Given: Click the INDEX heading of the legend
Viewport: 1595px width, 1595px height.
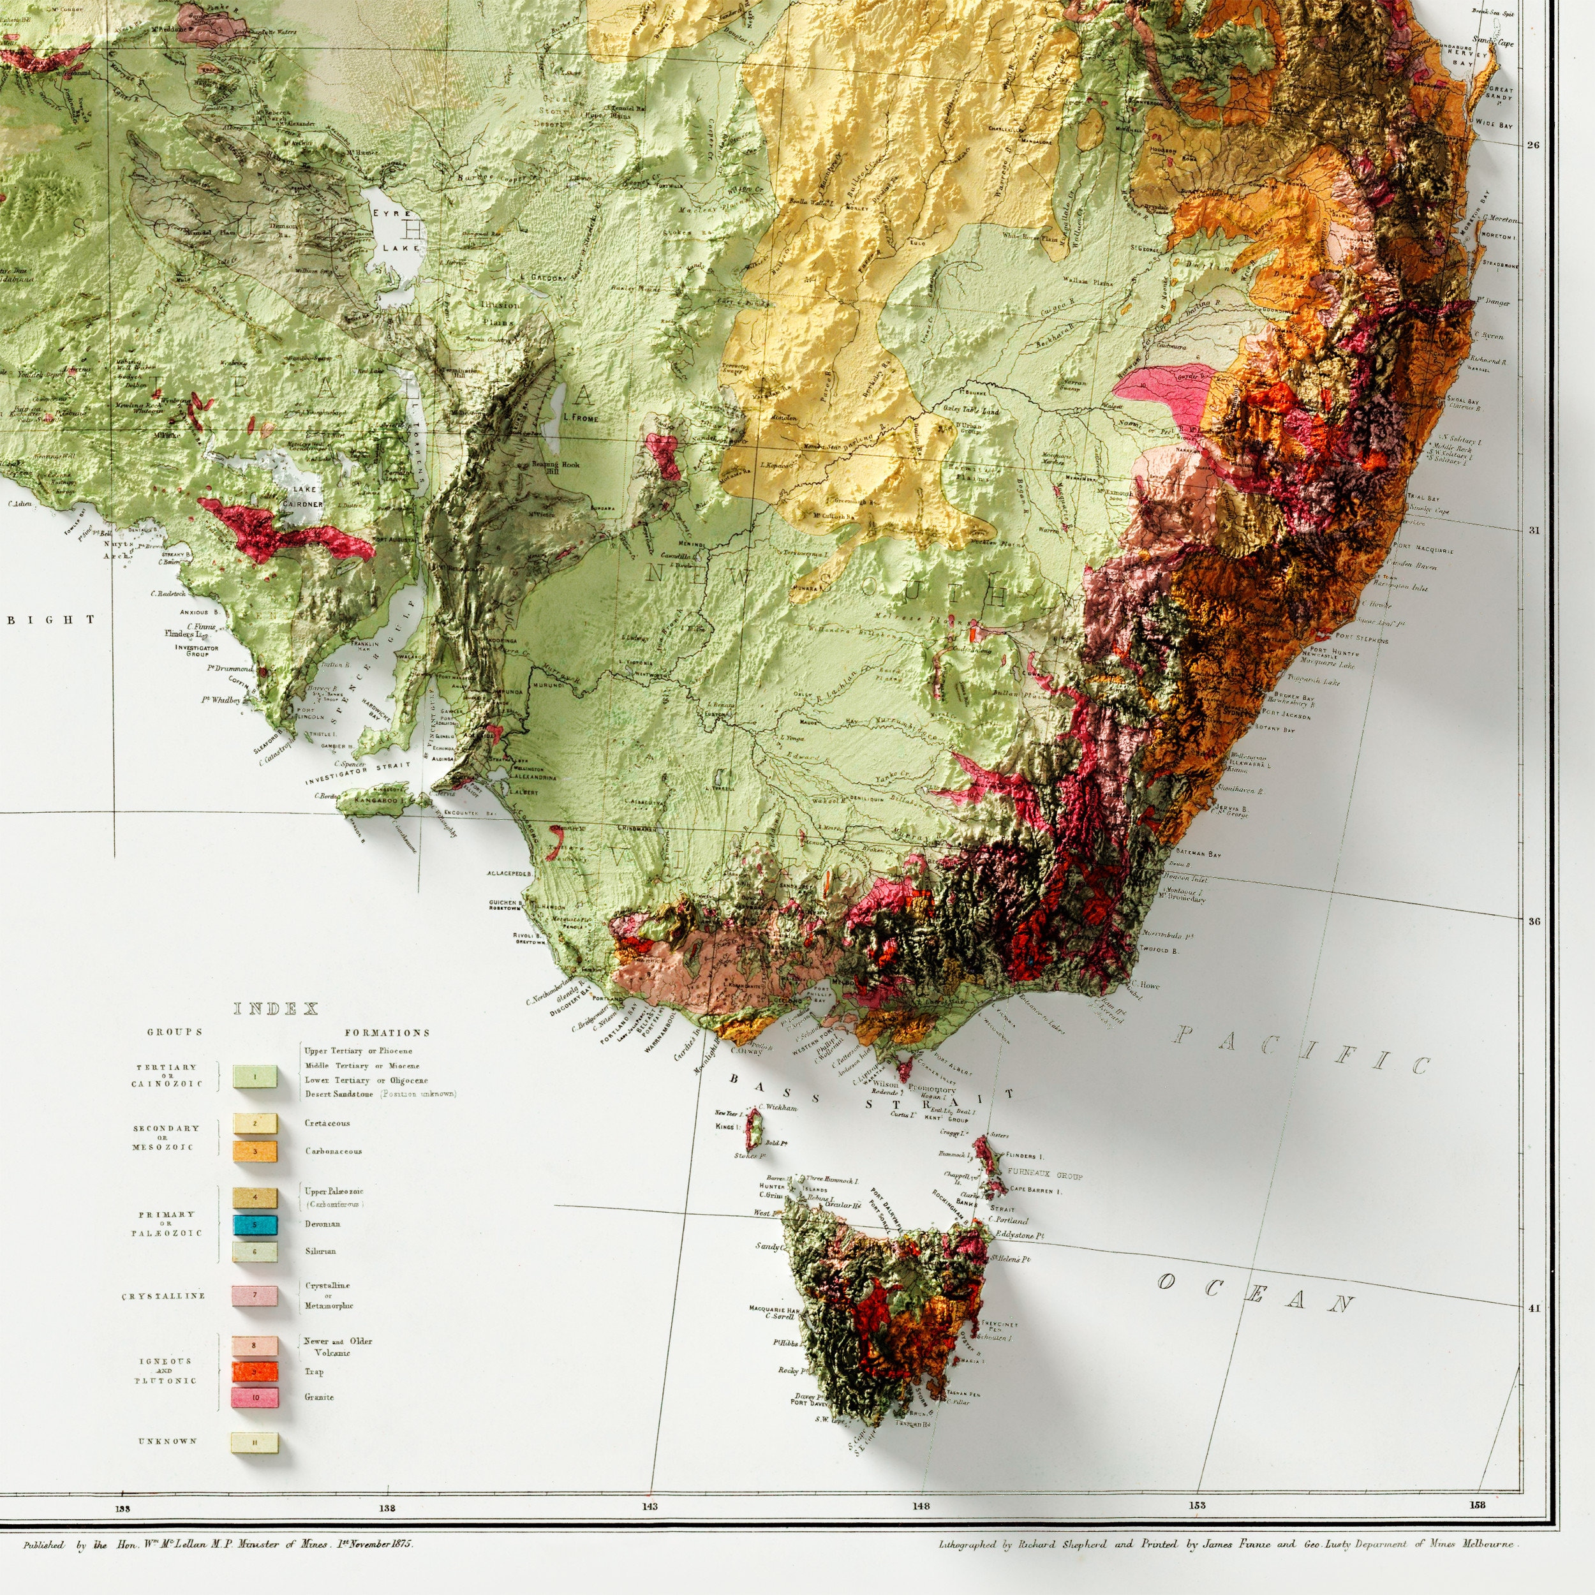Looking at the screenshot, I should [276, 1008].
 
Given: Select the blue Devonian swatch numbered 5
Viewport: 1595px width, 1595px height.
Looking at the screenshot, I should [255, 1224].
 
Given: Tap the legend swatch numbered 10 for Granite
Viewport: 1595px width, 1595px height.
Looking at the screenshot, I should [255, 1397].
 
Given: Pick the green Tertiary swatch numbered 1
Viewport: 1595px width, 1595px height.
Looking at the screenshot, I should [255, 1076].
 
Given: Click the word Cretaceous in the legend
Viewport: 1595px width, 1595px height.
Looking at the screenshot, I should [327, 1123].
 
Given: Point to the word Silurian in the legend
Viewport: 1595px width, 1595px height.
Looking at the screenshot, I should [320, 1250].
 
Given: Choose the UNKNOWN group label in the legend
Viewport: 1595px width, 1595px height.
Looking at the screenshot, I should [168, 1441].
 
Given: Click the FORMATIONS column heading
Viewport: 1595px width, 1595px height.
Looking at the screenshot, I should [387, 1032].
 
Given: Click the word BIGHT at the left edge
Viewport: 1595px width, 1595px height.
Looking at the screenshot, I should [51, 619].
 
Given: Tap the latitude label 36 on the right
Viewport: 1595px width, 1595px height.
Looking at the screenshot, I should [1533, 921].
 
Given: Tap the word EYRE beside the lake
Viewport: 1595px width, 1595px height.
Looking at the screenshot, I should [385, 212].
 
